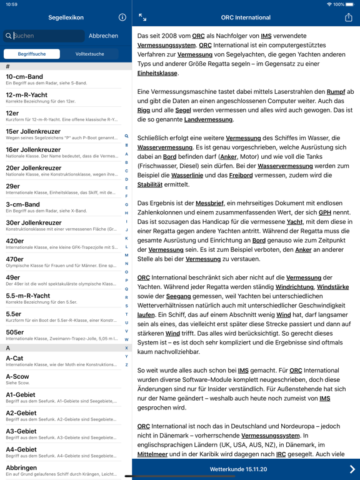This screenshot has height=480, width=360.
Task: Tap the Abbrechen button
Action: tap(103, 36)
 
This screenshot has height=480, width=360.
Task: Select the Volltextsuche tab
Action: tap(89, 54)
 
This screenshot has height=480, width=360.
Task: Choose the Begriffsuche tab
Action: tap(32, 54)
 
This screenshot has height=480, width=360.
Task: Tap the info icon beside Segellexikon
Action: tap(122, 17)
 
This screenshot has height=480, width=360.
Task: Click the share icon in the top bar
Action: tap(349, 17)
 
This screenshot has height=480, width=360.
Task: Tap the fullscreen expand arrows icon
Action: tap(142, 17)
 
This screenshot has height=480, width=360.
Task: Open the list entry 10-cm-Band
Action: tap(62, 79)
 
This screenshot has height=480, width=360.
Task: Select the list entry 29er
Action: tap(62, 189)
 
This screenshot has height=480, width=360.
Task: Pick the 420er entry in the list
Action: tap(62, 244)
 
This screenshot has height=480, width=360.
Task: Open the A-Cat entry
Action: tap(62, 361)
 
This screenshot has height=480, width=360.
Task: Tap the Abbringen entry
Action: tap(62, 471)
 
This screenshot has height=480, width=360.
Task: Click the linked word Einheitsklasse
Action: tap(157, 73)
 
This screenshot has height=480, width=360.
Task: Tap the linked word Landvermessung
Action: tap(209, 119)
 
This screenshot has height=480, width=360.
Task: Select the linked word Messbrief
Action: tap(209, 203)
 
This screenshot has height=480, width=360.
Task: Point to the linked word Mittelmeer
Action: tap(152, 454)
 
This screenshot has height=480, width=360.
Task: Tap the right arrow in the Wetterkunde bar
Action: tap(352, 469)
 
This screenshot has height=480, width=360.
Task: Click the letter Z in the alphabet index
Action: tap(126, 365)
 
